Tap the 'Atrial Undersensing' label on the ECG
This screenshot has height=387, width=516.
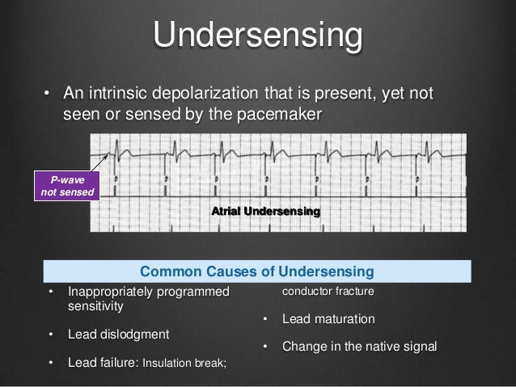pos(265,211)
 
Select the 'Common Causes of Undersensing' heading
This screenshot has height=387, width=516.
pos(256,269)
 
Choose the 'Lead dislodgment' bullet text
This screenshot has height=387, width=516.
pos(120,334)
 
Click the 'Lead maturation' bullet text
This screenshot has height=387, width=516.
pos(328,319)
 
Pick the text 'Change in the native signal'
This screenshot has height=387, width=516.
pos(359,347)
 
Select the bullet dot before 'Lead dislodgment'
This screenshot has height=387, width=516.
pos(51,334)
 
